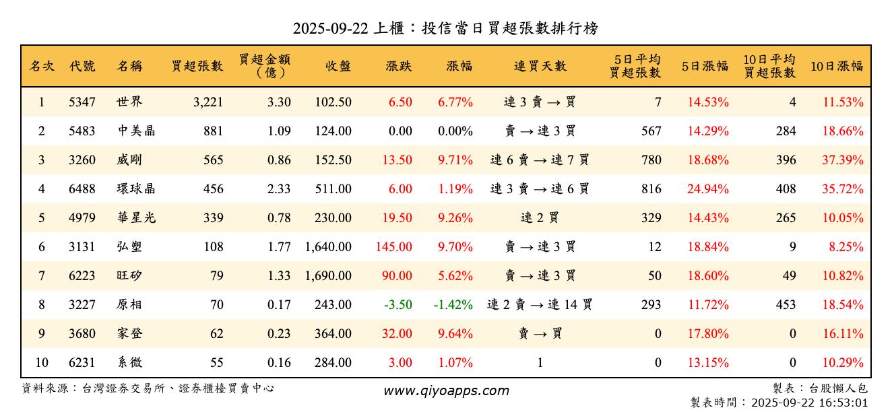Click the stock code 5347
click(82, 102)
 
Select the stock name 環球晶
click(136, 189)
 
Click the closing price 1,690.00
click(328, 276)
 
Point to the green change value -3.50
click(397, 305)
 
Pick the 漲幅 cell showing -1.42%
click(453, 305)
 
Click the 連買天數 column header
click(540, 66)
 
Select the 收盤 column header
click(338, 66)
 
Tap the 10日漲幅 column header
click(836, 66)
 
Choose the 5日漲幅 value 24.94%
click(708, 189)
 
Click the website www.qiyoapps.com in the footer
click(446, 390)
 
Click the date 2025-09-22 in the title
click(330, 28)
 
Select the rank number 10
click(42, 363)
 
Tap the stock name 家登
click(129, 334)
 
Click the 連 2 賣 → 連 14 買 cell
click(540, 305)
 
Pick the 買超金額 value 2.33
click(279, 189)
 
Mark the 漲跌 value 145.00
click(394, 247)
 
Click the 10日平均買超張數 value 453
click(786, 305)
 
